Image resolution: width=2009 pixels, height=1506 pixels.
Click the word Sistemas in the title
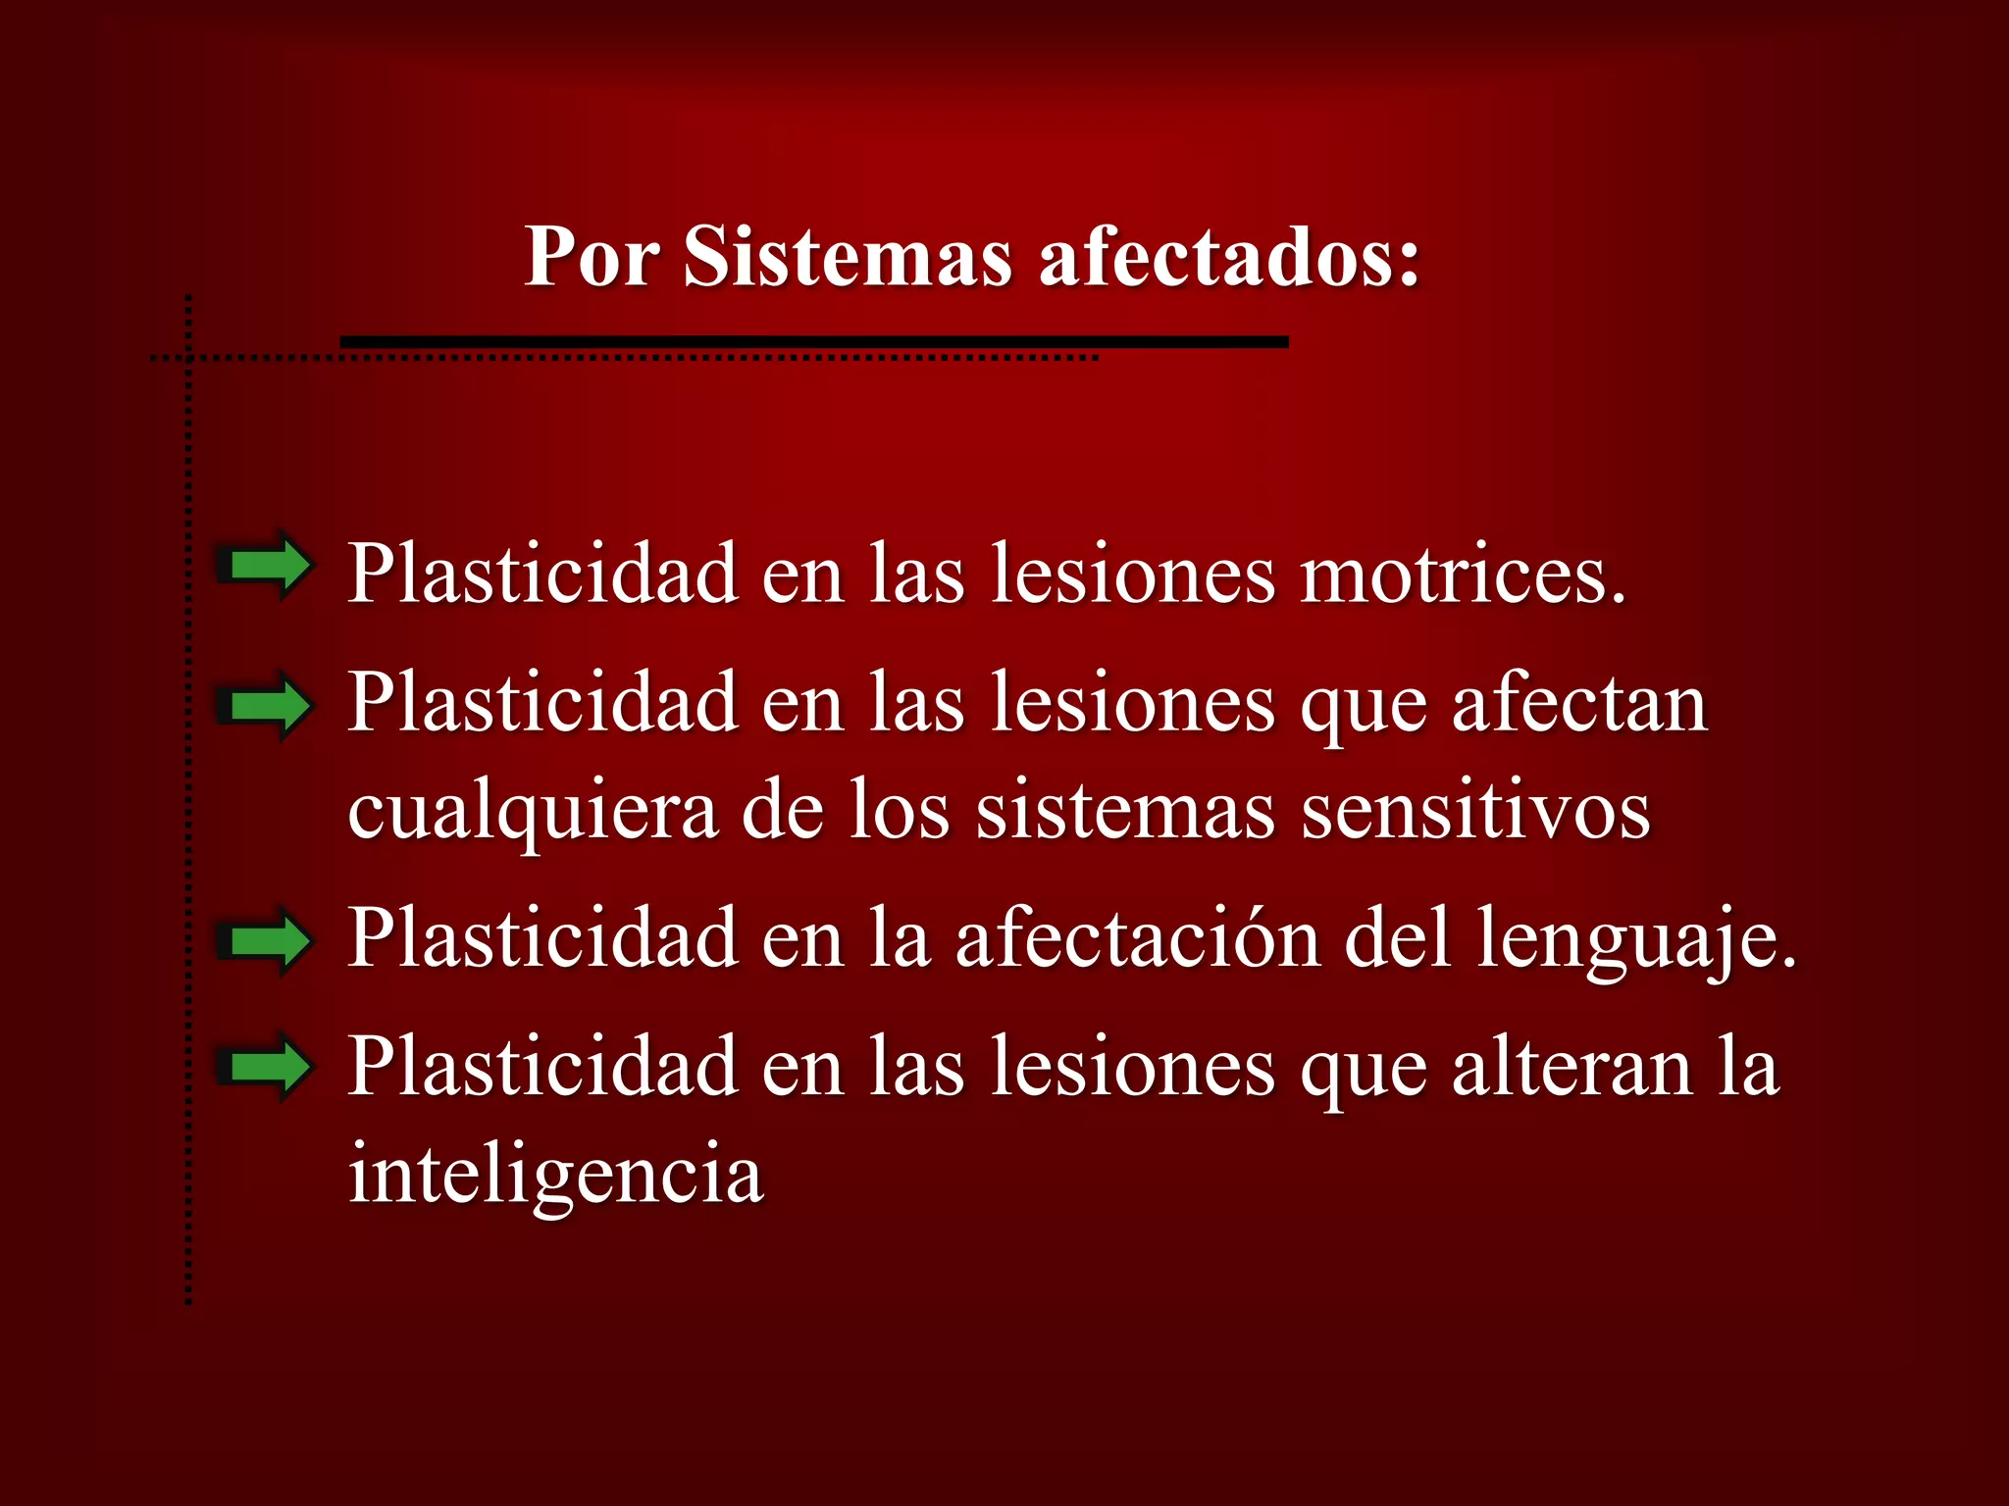click(847, 257)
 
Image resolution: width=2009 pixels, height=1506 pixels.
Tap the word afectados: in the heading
click(1229, 257)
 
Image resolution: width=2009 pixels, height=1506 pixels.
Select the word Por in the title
click(592, 257)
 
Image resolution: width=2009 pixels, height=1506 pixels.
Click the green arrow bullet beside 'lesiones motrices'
click(265, 565)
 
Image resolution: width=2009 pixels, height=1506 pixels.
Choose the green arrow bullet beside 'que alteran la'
click(265, 1067)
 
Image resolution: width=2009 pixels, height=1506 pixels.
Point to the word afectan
click(1579, 704)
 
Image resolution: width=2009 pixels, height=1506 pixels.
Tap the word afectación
click(1138, 938)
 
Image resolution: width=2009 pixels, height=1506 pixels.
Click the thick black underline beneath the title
click(814, 341)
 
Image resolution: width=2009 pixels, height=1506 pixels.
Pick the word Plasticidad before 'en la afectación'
click(542, 938)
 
